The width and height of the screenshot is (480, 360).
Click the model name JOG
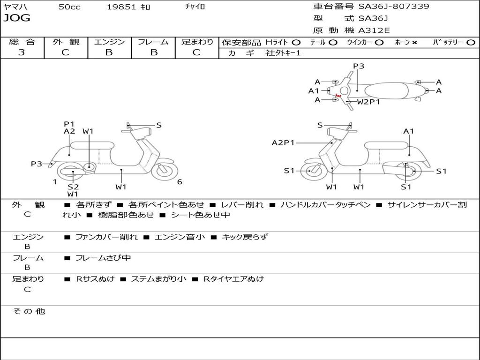tap(17, 18)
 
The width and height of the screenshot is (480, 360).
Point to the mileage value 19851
tap(121, 7)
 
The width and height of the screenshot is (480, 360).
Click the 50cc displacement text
tap(69, 7)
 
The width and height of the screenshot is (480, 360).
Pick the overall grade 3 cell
tap(22, 52)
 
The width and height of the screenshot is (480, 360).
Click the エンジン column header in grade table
tap(109, 42)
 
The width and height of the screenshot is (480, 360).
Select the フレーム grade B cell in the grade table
tap(153, 52)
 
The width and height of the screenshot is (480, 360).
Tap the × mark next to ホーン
tap(414, 42)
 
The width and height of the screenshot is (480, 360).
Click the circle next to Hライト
tap(296, 42)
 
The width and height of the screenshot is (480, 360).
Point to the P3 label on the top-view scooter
tap(359, 66)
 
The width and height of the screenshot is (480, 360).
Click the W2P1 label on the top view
tap(368, 101)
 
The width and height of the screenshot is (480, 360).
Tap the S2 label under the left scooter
tap(73, 187)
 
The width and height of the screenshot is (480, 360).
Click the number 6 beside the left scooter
tap(180, 182)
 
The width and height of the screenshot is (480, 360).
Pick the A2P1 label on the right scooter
tap(283, 143)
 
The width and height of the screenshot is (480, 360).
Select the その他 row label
tap(29, 311)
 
